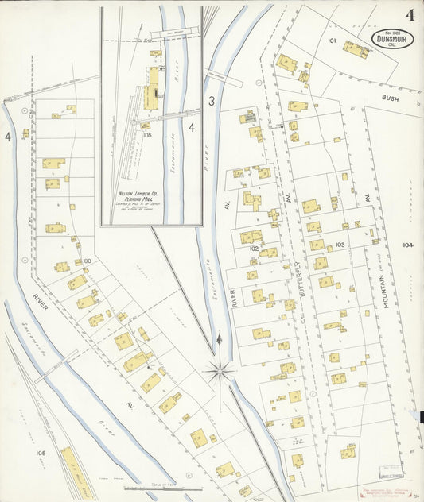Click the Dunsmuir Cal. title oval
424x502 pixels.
(x=394, y=41)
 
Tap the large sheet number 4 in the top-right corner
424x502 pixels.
(x=409, y=15)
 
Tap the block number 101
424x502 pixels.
(x=331, y=40)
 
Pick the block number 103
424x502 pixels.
(x=340, y=245)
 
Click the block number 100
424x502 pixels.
(x=87, y=261)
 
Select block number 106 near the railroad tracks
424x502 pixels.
(x=41, y=453)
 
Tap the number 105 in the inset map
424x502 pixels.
(x=146, y=135)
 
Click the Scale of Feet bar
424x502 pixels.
(x=163, y=488)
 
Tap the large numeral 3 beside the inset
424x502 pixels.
(x=212, y=101)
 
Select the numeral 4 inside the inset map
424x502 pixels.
(x=191, y=125)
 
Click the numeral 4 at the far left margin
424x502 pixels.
(x=8, y=137)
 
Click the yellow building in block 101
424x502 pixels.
(x=356, y=49)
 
